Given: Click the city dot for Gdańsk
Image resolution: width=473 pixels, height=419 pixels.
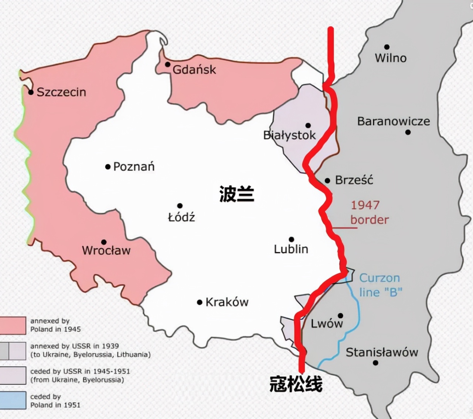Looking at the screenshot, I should coord(167,65).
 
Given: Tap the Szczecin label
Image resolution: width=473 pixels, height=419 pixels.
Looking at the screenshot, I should coord(61,92).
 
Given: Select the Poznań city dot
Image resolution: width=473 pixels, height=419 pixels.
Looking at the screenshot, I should coord(108,167).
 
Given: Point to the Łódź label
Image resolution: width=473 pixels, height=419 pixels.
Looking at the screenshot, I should coord(181,217).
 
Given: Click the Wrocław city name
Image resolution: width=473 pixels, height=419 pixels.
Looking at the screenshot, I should coord(106,250).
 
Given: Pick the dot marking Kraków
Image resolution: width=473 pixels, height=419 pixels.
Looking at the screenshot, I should coord(200,302).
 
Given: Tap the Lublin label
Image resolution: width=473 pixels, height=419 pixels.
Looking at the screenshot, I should coord(291,249).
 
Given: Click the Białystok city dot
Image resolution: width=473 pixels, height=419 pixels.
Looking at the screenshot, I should coord(308,125).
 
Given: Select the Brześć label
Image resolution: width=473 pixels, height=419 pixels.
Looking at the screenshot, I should coord(354,180).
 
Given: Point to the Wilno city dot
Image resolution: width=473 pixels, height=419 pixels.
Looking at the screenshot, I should coord(387,47).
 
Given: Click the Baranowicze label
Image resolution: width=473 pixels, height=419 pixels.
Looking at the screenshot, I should coord(394,121).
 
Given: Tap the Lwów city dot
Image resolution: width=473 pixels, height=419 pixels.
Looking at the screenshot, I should coord(340,316).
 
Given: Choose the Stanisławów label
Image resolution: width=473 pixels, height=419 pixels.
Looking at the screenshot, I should coord(382,352).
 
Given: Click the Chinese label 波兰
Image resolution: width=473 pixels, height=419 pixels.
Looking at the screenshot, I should coord(236,194).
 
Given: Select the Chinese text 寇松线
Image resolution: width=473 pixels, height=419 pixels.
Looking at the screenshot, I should coord(296,384).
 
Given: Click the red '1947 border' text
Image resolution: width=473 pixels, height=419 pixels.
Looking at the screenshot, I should coord(369,212).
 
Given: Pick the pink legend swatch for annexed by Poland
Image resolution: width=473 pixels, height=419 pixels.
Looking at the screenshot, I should coord(13,325).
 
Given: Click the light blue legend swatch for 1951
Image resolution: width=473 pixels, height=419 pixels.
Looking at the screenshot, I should coord(13,401).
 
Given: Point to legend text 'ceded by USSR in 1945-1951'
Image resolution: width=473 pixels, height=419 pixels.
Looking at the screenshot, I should coord(80,371).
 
